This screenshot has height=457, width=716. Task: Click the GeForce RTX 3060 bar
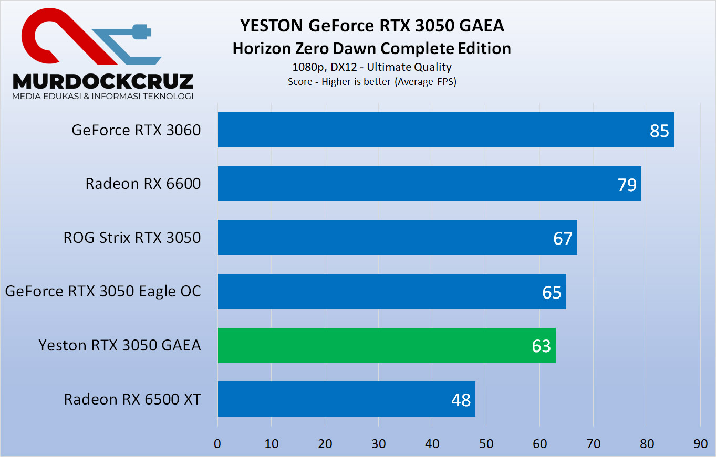tap(445, 130)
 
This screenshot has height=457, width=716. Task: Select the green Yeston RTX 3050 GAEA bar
tap(387, 345)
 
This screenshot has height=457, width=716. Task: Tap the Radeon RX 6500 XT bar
tap(346, 399)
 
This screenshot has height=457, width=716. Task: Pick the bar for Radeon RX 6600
tap(429, 184)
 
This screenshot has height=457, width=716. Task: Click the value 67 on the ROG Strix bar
tap(563, 238)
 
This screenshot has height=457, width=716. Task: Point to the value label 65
tap(552, 292)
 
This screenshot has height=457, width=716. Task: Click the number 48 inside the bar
tap(461, 400)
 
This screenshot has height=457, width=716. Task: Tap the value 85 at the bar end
tap(659, 130)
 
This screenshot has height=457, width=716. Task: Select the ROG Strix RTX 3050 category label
tap(132, 238)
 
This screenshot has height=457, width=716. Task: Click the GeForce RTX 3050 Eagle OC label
tap(103, 291)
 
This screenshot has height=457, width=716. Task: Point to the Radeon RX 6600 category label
tap(143, 184)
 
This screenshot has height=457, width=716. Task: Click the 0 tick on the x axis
tap(217, 443)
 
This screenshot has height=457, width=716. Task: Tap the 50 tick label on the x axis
tap(486, 443)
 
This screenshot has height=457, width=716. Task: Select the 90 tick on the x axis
tap(700, 443)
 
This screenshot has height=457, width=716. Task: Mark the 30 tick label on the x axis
tap(379, 443)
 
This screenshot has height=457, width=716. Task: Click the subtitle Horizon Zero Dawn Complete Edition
tap(372, 48)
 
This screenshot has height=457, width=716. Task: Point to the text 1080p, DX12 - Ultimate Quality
tap(372, 67)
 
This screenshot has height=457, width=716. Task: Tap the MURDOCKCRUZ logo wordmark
tap(103, 81)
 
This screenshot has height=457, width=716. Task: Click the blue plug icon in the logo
tap(139, 32)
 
